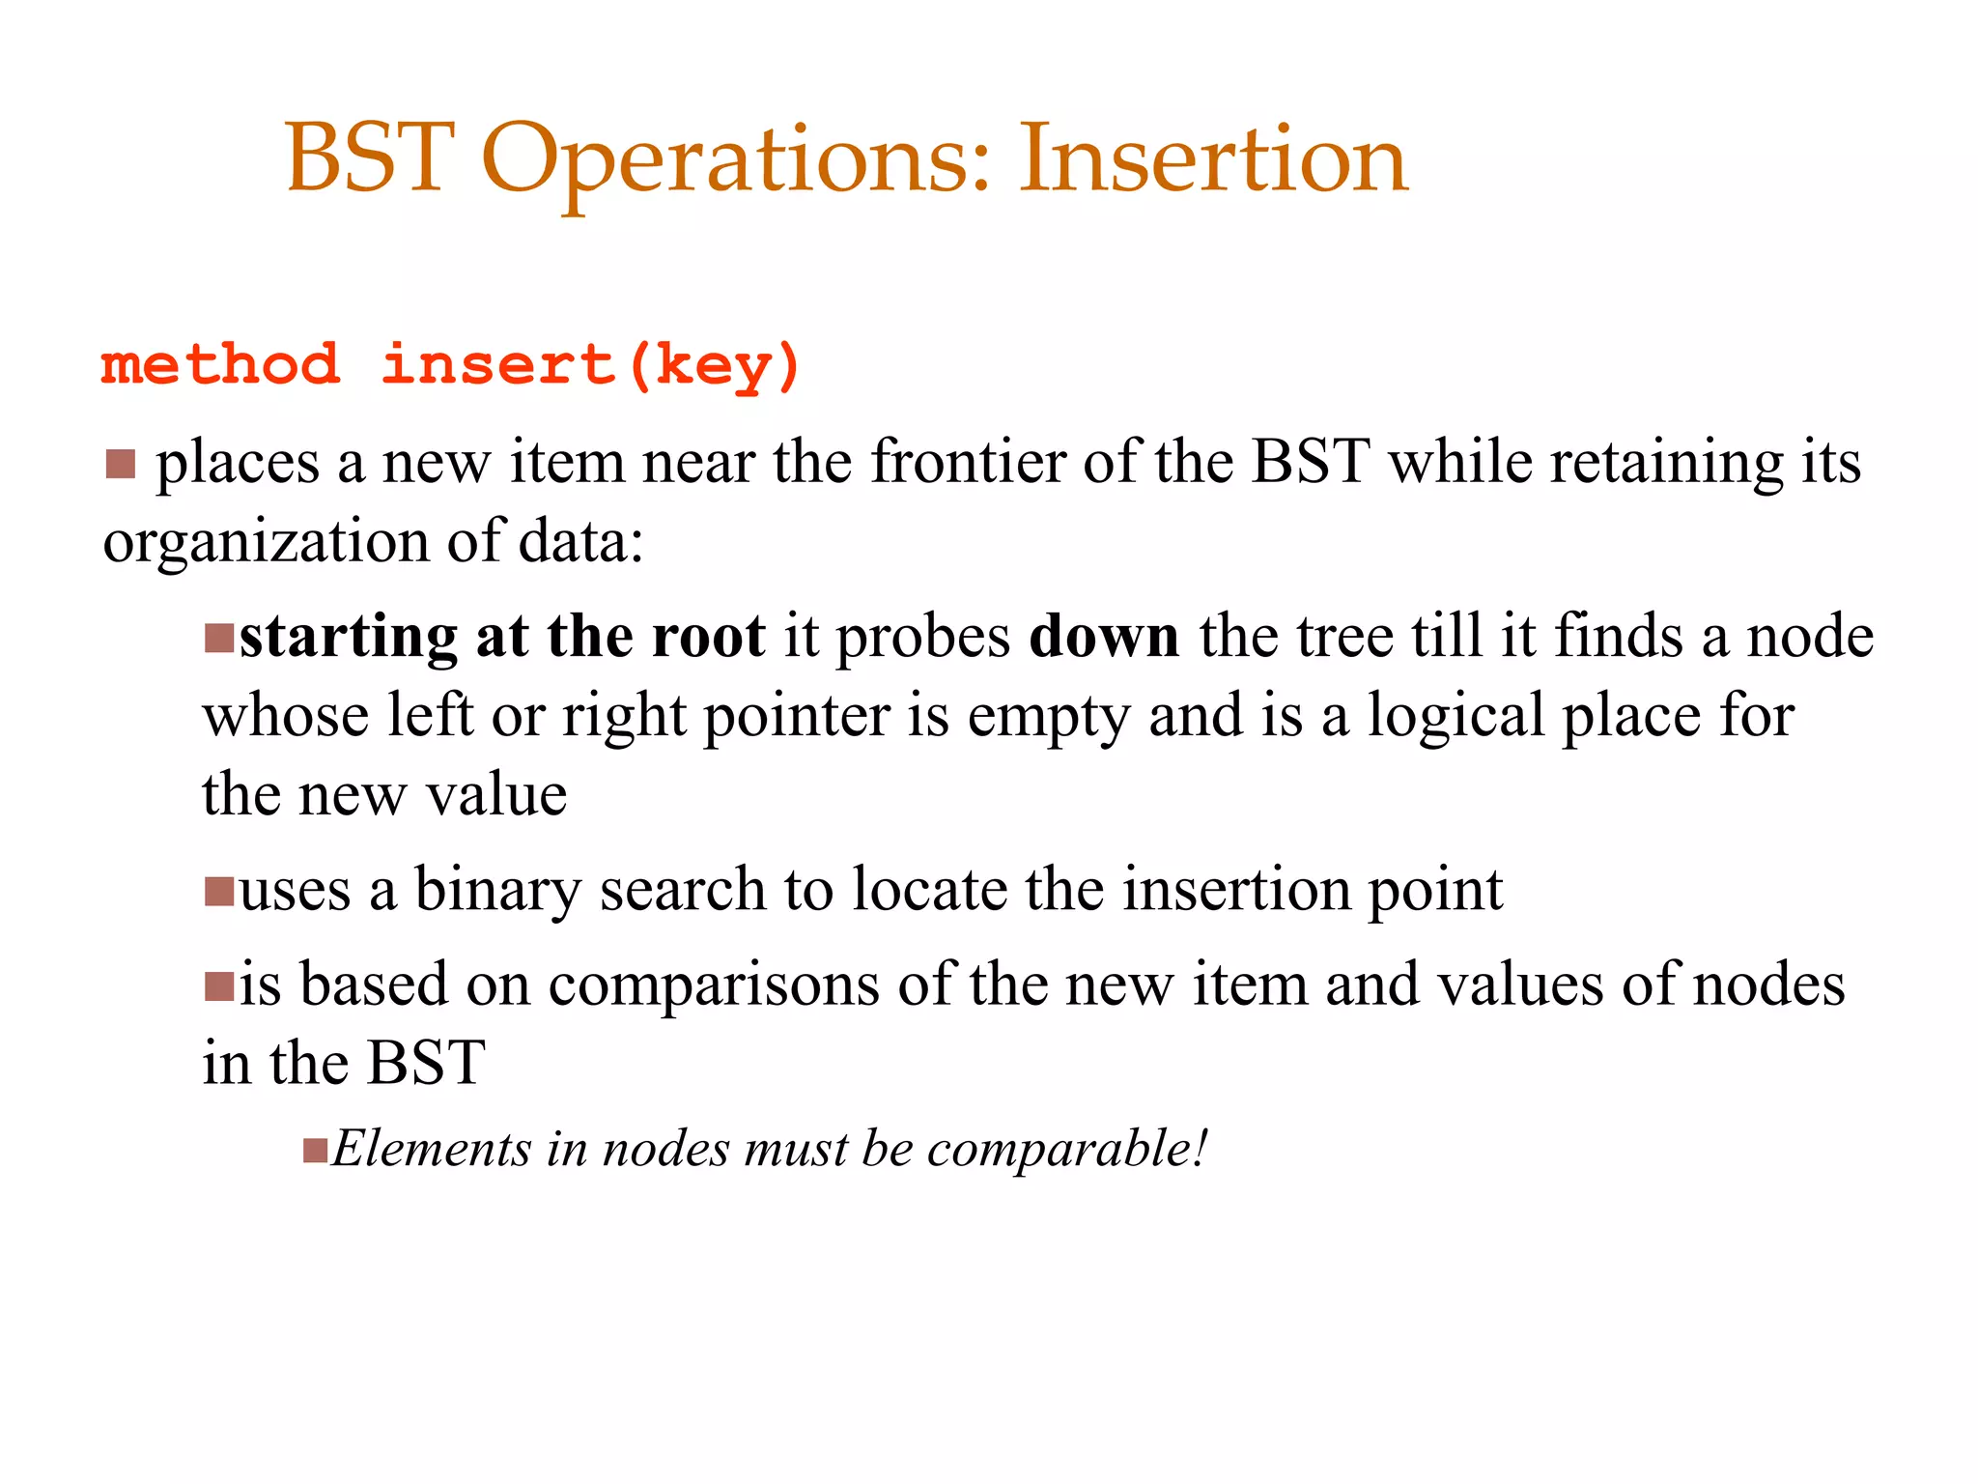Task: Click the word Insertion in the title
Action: coord(1213,159)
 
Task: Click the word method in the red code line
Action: coord(220,365)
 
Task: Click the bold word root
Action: coord(708,638)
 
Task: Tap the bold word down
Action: coord(1104,638)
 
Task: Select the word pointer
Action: coord(796,718)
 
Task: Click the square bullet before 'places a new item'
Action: coord(121,464)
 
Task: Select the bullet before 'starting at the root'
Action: coord(219,639)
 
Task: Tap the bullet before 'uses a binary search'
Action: coord(219,891)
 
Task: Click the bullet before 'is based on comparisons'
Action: coord(219,986)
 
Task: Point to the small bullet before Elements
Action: coord(315,1151)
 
